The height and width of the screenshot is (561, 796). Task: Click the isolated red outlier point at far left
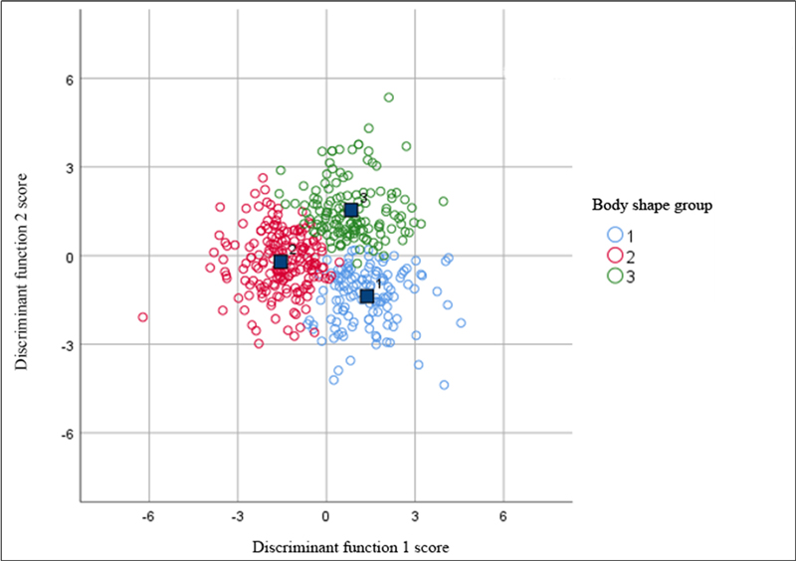tap(142, 317)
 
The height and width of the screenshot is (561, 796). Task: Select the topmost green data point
tap(389, 97)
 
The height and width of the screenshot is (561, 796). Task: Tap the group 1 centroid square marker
tap(367, 295)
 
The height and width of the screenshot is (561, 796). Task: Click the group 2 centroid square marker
tap(281, 262)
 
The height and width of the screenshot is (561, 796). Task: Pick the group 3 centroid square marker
tap(351, 209)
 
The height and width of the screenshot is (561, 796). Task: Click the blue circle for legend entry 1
tap(615, 235)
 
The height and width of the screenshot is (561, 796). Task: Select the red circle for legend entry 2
tap(615, 255)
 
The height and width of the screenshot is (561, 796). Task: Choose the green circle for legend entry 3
tap(615, 275)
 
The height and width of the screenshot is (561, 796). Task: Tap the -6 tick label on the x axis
tap(147, 517)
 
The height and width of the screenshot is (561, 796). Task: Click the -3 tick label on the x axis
tap(237, 517)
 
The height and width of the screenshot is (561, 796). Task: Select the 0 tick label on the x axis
tap(325, 517)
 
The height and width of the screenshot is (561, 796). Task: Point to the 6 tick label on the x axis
tap(503, 517)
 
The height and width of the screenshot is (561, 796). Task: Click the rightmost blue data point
tap(461, 322)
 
